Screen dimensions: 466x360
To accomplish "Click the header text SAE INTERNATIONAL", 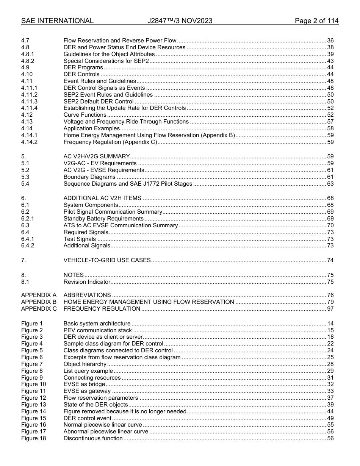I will click(57, 21).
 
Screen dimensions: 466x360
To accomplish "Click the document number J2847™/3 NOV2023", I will click(180, 21).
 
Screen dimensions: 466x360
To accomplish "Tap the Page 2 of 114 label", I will click(316, 21).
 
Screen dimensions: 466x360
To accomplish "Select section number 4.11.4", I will click(30, 108).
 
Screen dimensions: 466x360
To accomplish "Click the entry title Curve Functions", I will click(85, 115).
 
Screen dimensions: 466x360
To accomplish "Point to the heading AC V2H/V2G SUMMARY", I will click(97, 156).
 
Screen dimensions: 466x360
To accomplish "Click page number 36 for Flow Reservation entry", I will click(330, 41).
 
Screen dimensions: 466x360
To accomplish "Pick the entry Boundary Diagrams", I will click(89, 177).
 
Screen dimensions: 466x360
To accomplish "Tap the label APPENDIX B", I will click(39, 302).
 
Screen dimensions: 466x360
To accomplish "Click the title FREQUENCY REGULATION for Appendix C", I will click(102, 309).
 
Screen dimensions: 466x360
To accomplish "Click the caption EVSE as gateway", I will click(87, 391).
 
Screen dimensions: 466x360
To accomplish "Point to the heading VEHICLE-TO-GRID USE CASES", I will click(107, 260).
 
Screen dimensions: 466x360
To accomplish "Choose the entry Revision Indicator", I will click(87, 282).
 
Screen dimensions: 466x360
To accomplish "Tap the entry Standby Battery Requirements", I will click(103, 219).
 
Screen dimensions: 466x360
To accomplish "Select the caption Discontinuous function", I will click(93, 438).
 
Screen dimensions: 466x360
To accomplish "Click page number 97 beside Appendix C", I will click(330, 309).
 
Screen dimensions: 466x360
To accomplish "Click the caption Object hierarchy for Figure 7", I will click(85, 364).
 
